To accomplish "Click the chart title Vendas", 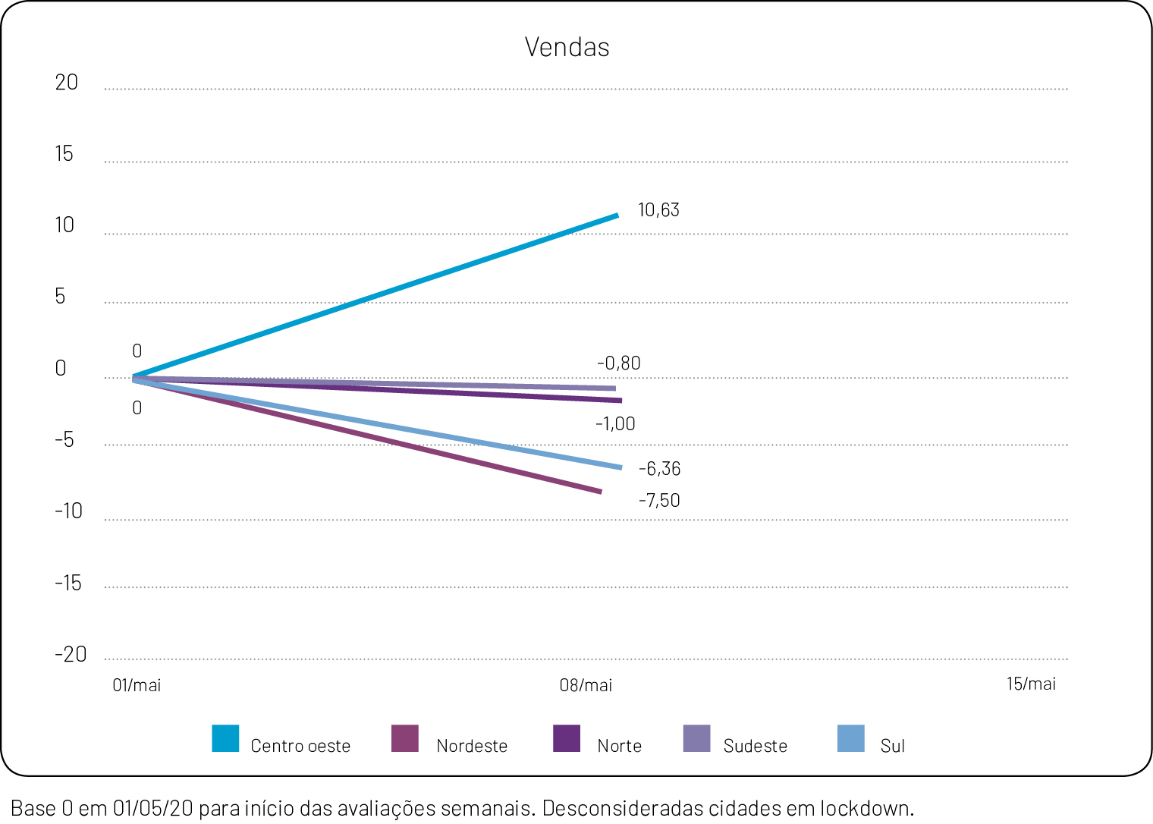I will [x=567, y=47].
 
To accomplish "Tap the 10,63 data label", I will [x=658, y=210].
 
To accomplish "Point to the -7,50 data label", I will [x=658, y=501].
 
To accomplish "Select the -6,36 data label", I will [x=659, y=469].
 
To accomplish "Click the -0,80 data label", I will [x=618, y=363].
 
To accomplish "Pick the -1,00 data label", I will [x=615, y=424].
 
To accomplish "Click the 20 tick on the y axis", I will [x=67, y=83].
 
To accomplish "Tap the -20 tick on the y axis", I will [x=71, y=655].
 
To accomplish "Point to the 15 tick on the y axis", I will [x=64, y=154].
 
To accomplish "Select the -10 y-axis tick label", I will [x=68, y=511].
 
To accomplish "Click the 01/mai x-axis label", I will [x=137, y=686].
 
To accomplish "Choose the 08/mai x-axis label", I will [x=586, y=686].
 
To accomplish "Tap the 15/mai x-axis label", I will [x=1031, y=684].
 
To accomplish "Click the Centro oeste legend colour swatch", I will [x=225, y=738].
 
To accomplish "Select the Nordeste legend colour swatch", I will [x=405, y=738].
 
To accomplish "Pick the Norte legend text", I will [x=619, y=747].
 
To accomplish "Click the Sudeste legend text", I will [x=755, y=747].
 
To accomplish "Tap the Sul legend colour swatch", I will [x=851, y=738].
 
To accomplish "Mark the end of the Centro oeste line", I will [x=617, y=215].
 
